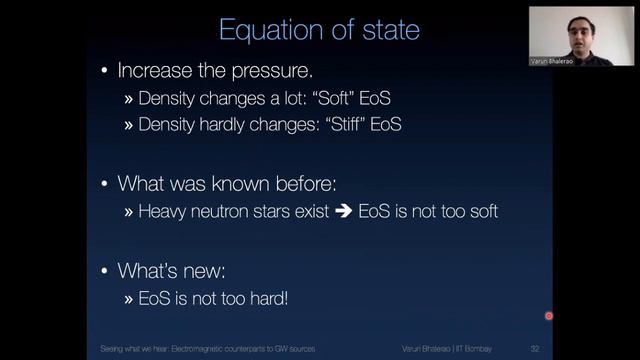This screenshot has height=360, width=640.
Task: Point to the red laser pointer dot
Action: pyautogui.click(x=548, y=316)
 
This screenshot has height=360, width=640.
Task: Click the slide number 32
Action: pyautogui.click(x=536, y=349)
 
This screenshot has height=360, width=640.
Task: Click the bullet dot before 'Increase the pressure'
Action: pyautogui.click(x=105, y=73)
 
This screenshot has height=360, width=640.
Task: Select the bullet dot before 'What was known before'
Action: pyautogui.click(x=105, y=184)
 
